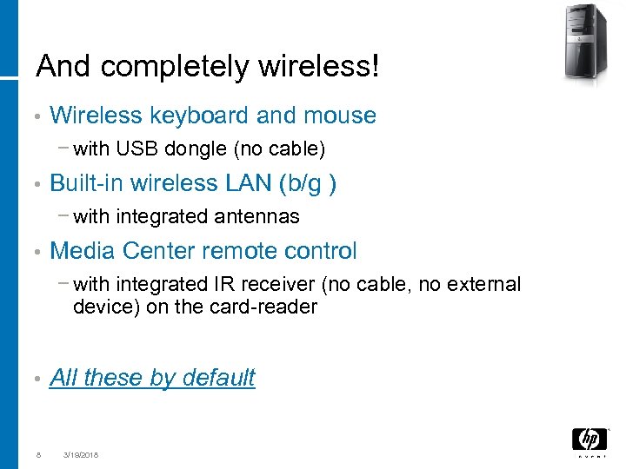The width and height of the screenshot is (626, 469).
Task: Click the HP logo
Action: (589, 440)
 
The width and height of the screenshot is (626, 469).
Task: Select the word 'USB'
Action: (132, 150)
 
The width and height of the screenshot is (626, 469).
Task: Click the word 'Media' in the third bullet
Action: (83, 251)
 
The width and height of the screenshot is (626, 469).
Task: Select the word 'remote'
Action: (248, 251)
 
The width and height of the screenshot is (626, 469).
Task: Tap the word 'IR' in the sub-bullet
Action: (222, 285)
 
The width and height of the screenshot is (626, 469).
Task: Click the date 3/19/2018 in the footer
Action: (81, 454)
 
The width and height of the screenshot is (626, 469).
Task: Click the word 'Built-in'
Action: (88, 183)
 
